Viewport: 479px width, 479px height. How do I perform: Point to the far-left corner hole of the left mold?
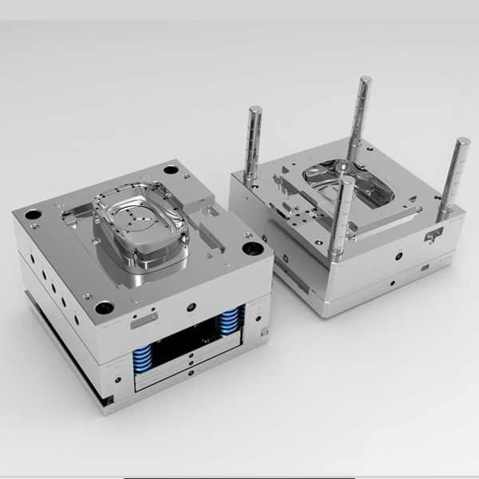coord(30,214)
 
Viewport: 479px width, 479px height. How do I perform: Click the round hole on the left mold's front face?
coord(190,307)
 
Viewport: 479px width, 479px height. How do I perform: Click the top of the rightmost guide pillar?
coord(463,144)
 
